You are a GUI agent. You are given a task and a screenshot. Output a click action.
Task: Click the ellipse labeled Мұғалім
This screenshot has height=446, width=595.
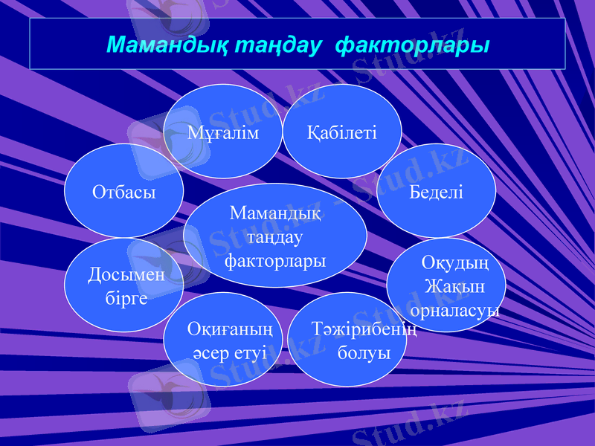pyautogui.click(x=223, y=132)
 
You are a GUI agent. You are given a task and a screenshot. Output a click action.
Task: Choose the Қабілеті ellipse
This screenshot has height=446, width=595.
pyautogui.click(x=342, y=132)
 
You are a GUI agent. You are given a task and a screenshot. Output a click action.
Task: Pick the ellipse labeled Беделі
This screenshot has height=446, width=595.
pyautogui.click(x=437, y=192)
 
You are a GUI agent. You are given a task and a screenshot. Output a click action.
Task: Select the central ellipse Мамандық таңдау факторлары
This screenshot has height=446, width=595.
pyautogui.click(x=275, y=236)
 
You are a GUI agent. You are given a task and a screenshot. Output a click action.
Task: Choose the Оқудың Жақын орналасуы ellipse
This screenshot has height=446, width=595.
pyautogui.click(x=446, y=285)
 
